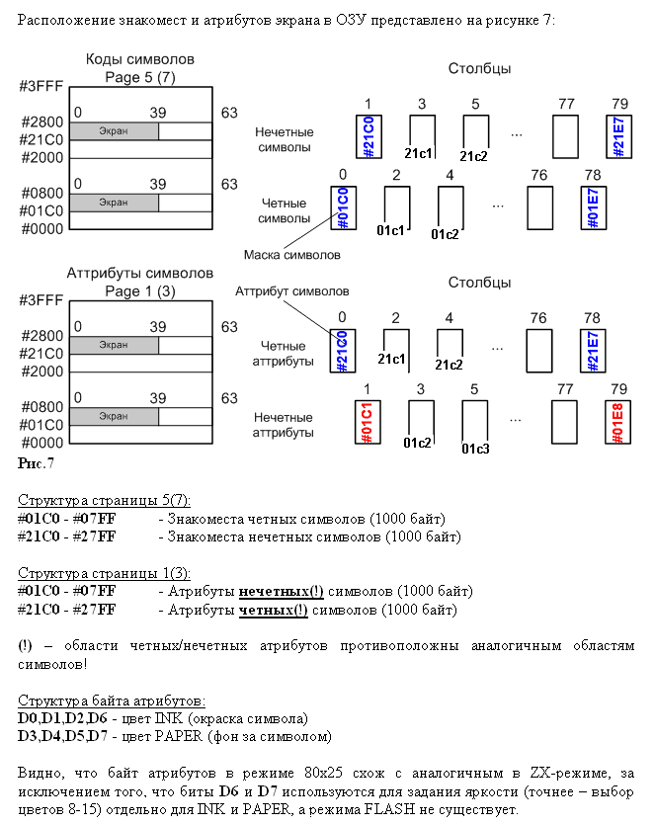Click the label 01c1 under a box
(x=392, y=231)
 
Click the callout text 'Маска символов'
(x=292, y=255)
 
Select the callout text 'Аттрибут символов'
(x=291, y=292)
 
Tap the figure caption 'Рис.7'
(x=37, y=462)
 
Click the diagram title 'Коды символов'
(x=140, y=59)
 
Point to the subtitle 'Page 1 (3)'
(x=140, y=290)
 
